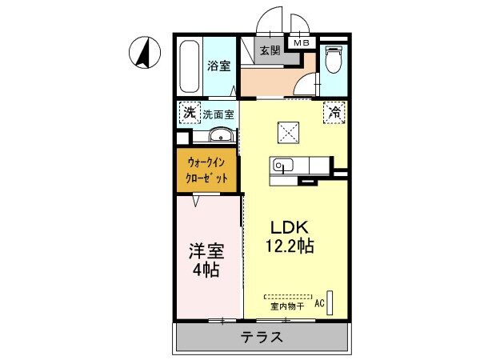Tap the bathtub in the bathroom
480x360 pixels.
tap(190, 67)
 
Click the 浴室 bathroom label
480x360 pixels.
tap(219, 66)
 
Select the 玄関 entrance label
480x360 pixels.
tap(270, 50)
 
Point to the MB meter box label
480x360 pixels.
tap(302, 43)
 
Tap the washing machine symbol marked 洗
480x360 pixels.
tap(189, 113)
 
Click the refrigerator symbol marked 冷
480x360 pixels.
tap(333, 113)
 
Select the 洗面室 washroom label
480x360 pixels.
tap(218, 114)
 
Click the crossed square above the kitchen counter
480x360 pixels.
tap(287, 130)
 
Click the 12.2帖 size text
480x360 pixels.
tap(285, 246)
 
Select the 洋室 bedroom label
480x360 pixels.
tap(206, 250)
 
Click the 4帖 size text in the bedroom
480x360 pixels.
tap(206, 270)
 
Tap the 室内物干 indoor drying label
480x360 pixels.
tap(285, 305)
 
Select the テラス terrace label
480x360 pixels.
tap(262, 337)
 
